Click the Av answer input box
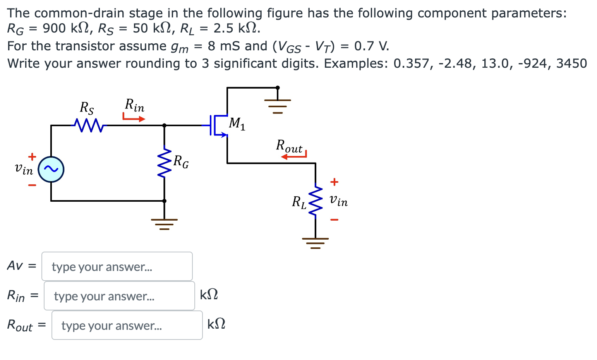117,266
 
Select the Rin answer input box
119,296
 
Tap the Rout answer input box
127,325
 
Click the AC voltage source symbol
51,169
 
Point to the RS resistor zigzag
88,125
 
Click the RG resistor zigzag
165,162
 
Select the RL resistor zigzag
316,201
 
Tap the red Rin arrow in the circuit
134,117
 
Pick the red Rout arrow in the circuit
294,156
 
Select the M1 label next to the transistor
237,123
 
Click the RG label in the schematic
181,161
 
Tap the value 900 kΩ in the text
66,29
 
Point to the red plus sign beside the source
32,156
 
